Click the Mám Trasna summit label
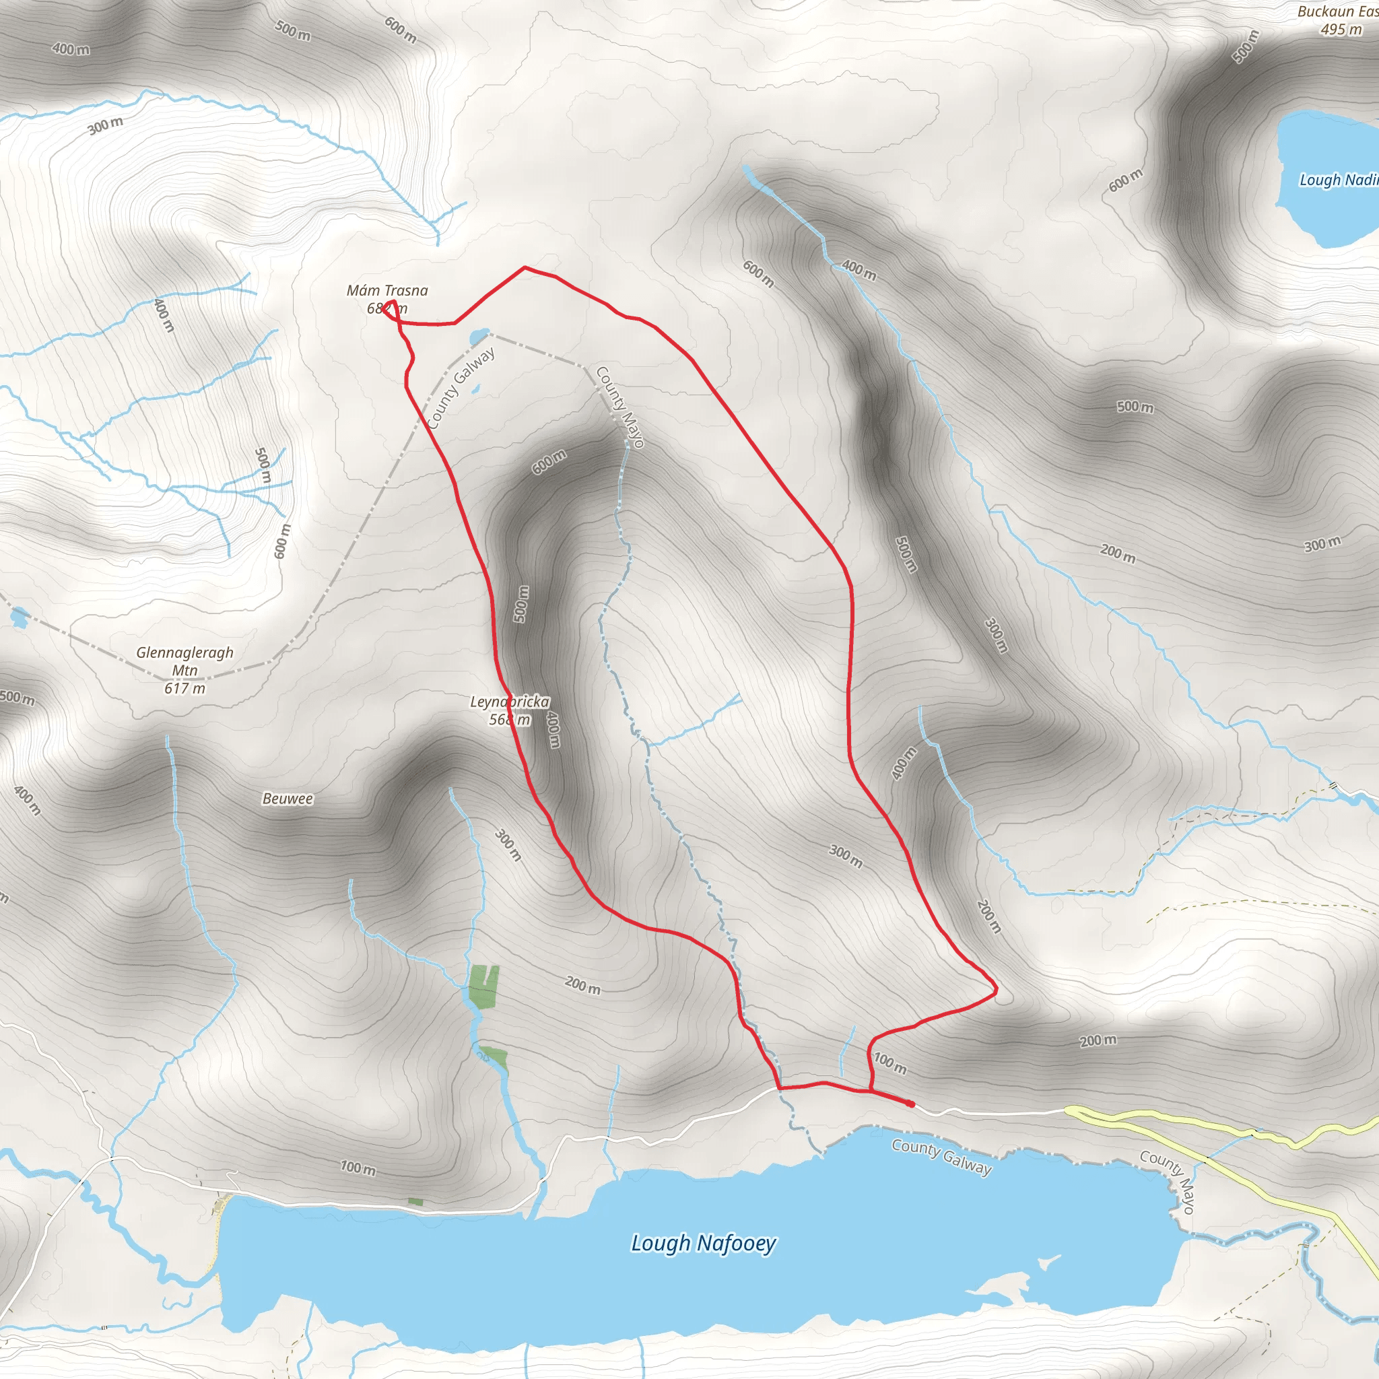point(387,291)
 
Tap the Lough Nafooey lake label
point(703,1243)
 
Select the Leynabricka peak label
point(510,702)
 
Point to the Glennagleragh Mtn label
point(185,661)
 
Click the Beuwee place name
point(288,799)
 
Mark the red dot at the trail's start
point(911,1104)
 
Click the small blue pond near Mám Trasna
point(479,335)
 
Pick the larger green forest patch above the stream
point(484,985)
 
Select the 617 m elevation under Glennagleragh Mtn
point(185,689)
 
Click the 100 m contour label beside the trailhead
point(890,1063)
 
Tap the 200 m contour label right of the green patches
point(582,986)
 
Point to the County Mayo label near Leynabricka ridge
point(620,407)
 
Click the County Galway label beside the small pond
point(461,389)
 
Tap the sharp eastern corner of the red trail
point(996,990)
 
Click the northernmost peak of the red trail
point(525,268)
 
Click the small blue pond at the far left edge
point(19,616)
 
